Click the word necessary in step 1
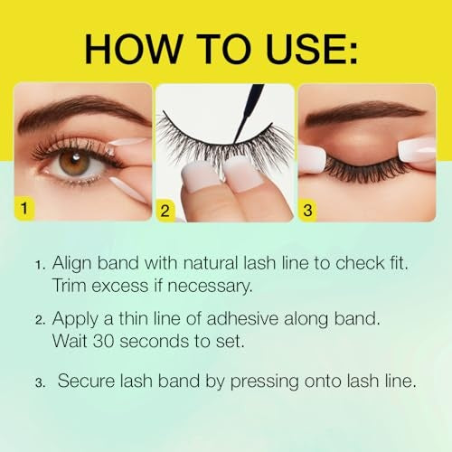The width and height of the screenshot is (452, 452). click(x=201, y=287)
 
